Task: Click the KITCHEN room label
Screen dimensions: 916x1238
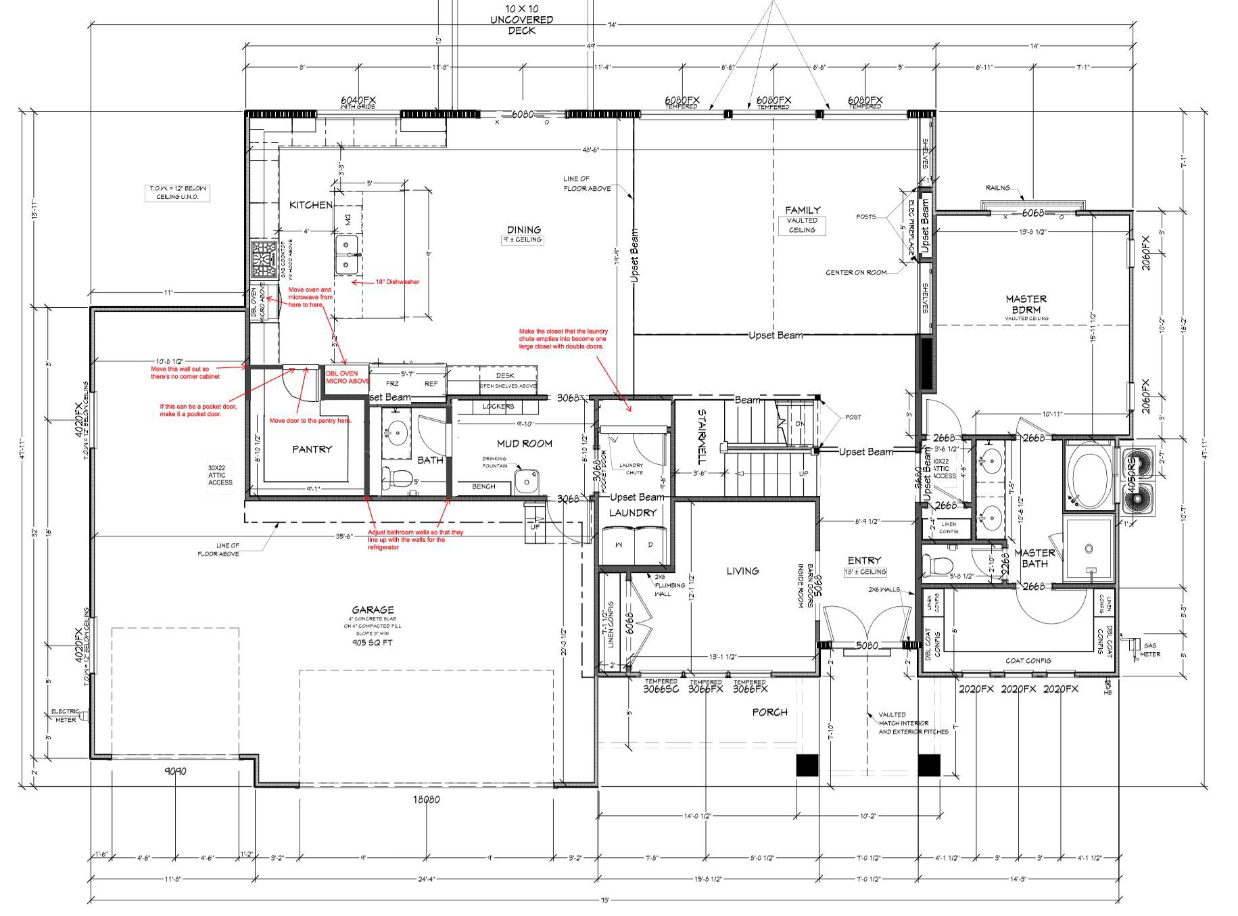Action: tap(310, 205)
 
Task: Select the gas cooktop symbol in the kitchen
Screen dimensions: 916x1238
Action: tap(262, 260)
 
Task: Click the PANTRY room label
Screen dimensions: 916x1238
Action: tap(312, 449)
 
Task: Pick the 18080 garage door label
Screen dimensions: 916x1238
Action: tap(426, 799)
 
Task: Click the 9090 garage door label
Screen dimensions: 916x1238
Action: tap(174, 771)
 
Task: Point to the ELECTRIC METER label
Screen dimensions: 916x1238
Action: tap(65, 716)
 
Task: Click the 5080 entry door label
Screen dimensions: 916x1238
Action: tap(867, 645)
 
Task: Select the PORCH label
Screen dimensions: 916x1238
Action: tap(769, 712)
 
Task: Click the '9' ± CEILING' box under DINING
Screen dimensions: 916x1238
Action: tap(523, 239)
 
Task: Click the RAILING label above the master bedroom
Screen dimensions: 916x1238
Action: tap(997, 188)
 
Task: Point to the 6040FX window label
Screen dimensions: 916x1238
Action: tap(358, 100)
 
